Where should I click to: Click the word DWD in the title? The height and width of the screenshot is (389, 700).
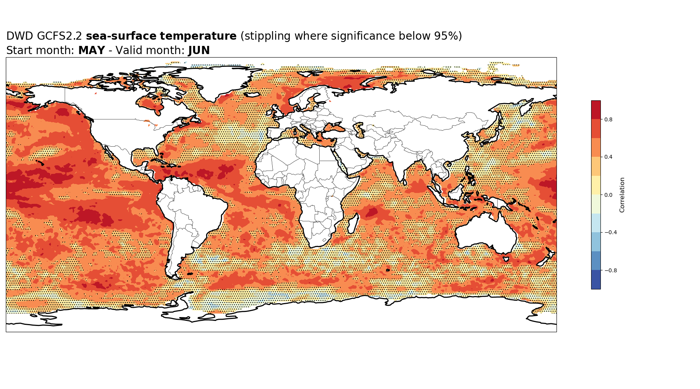coord(20,36)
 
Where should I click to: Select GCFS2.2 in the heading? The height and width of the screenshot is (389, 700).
coord(59,36)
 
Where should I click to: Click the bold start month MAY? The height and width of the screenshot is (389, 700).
coord(92,51)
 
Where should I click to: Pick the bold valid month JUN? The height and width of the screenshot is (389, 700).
coord(199,51)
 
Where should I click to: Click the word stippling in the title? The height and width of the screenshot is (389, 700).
coord(268,37)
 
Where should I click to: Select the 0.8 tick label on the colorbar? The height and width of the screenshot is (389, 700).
coord(608,119)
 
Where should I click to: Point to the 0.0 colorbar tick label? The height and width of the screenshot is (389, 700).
coord(608,195)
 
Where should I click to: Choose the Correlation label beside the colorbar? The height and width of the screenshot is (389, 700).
coord(622,195)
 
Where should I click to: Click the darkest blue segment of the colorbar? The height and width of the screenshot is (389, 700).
coord(596,280)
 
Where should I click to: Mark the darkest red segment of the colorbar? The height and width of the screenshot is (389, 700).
coord(596,110)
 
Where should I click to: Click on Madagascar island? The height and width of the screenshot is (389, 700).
coord(353,224)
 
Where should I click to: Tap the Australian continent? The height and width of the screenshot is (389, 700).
coord(486,232)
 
